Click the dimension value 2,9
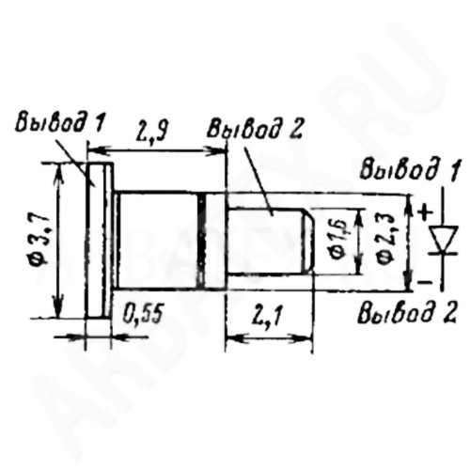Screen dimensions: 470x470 [152, 131]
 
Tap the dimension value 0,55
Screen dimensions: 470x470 [143, 314]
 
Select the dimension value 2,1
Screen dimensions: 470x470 [267, 316]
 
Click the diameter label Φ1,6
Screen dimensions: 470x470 [338, 240]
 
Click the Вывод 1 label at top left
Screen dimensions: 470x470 [60, 122]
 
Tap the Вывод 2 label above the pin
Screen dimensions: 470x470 [255, 129]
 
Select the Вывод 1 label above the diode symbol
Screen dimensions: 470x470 [410, 171]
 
